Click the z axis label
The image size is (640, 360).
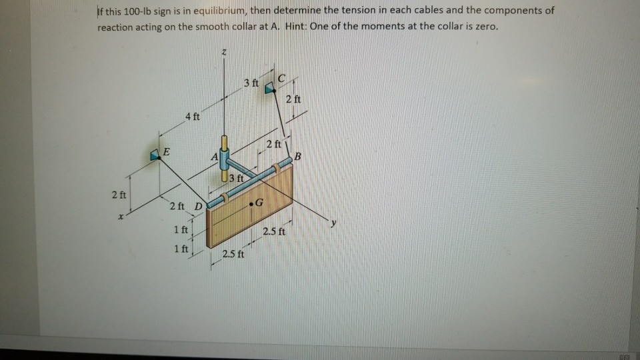pyautogui.click(x=223, y=52)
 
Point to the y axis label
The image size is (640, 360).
pyautogui.click(x=334, y=223)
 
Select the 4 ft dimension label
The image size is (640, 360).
pyautogui.click(x=193, y=117)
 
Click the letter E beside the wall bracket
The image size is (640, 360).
pyautogui.click(x=167, y=152)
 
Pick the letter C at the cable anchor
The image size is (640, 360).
pyautogui.click(x=281, y=78)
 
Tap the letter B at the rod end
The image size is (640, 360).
pyautogui.click(x=298, y=156)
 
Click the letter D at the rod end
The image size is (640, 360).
pyautogui.click(x=199, y=207)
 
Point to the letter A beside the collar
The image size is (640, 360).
pyautogui.click(x=215, y=157)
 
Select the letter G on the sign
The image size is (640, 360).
pyautogui.click(x=259, y=203)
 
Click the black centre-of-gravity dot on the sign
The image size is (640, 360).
pyautogui.click(x=251, y=204)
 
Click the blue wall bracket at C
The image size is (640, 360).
pyautogui.click(x=270, y=87)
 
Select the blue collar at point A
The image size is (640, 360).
pyautogui.click(x=225, y=159)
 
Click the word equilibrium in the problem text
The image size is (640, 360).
pyautogui.click(x=219, y=11)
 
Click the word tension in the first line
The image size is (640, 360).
pyautogui.click(x=361, y=11)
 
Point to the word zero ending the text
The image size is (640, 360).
pyautogui.click(x=487, y=27)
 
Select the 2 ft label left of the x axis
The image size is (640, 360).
pyautogui.click(x=119, y=195)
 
